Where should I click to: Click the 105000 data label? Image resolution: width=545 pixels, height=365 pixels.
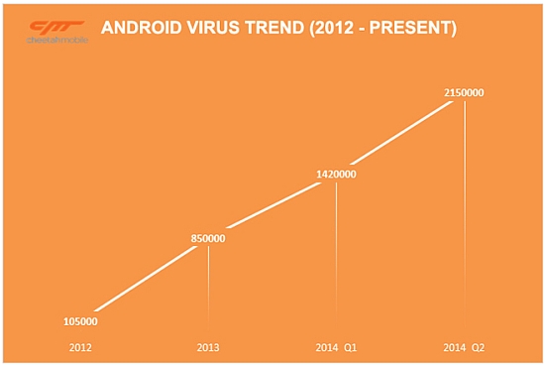(81, 321)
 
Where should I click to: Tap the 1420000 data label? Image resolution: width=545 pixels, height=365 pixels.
(336, 175)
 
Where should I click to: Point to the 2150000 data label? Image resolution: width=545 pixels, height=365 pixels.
(464, 93)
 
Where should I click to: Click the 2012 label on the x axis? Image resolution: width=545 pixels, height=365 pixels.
(81, 347)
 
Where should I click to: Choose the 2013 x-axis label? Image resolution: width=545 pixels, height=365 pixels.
(208, 347)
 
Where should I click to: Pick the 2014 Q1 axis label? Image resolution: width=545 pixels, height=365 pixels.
(336, 347)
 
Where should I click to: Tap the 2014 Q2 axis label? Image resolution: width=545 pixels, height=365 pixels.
(464, 347)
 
